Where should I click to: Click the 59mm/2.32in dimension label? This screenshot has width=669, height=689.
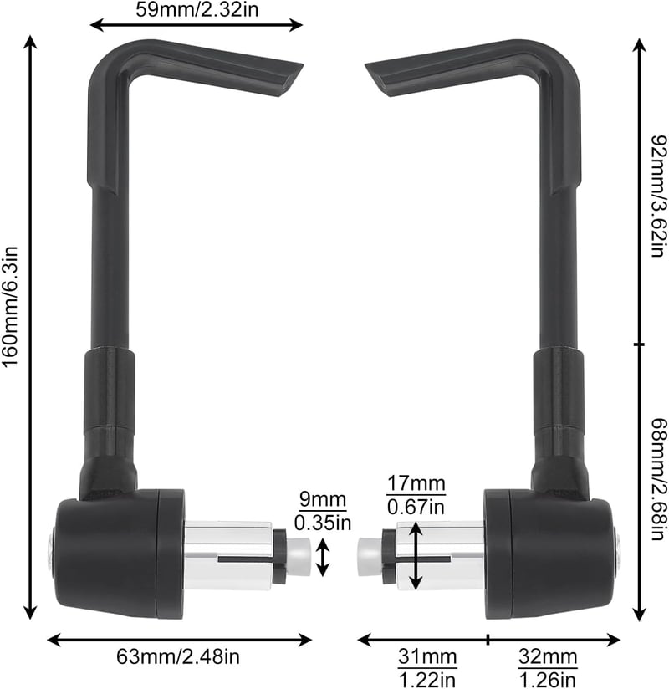[x=197, y=9]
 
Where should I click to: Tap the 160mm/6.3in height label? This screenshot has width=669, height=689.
[x=10, y=306]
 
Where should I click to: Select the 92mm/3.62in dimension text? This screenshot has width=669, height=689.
[x=659, y=196]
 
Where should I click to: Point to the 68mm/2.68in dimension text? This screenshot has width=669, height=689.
[x=659, y=480]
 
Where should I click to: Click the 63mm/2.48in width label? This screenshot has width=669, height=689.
[x=178, y=657]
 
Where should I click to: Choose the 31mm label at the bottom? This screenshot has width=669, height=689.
[x=427, y=657]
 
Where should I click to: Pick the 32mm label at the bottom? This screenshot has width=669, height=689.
[x=548, y=657]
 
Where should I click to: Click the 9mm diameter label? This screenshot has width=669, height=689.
[x=323, y=500]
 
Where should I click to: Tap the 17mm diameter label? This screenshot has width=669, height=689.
[x=416, y=484]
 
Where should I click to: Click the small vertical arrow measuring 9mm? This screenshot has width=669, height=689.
[x=323, y=558]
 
